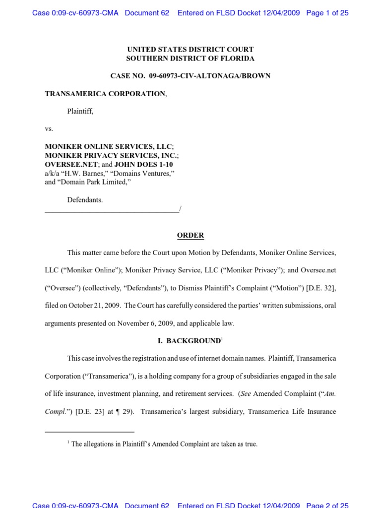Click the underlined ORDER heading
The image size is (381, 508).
pyautogui.click(x=190, y=235)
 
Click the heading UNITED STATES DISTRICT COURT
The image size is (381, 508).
pyautogui.click(x=190, y=49)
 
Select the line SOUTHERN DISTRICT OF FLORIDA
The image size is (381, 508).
pyautogui.click(x=190, y=58)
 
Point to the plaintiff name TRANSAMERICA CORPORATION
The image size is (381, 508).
pyautogui.click(x=105, y=94)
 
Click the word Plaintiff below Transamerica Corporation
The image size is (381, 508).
pyautogui.click(x=80, y=111)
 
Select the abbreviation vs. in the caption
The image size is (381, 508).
pyautogui.click(x=49, y=129)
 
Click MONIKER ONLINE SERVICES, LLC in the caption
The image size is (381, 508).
pyautogui.click(x=108, y=147)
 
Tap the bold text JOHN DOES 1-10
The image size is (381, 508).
pyautogui.click(x=143, y=164)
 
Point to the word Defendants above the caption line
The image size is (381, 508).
pyautogui.click(x=85, y=200)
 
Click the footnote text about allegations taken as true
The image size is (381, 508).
pyautogui.click(x=164, y=444)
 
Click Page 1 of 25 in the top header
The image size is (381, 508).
pyautogui.click(x=327, y=13)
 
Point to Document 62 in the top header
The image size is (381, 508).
pyautogui.click(x=147, y=13)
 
